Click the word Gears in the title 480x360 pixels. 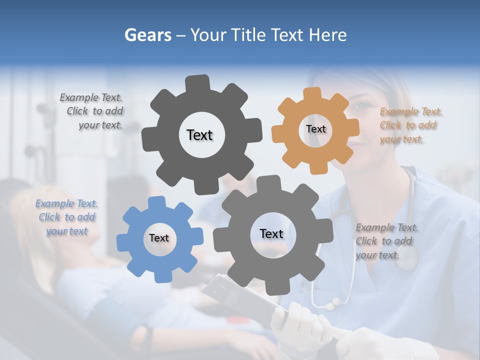pos(147,35)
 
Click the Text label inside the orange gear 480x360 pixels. pos(315,129)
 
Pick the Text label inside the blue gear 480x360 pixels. pos(159,238)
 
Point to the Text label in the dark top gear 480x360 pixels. pos(199,135)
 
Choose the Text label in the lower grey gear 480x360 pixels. pos(271,233)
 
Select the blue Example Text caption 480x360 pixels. pos(66,217)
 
